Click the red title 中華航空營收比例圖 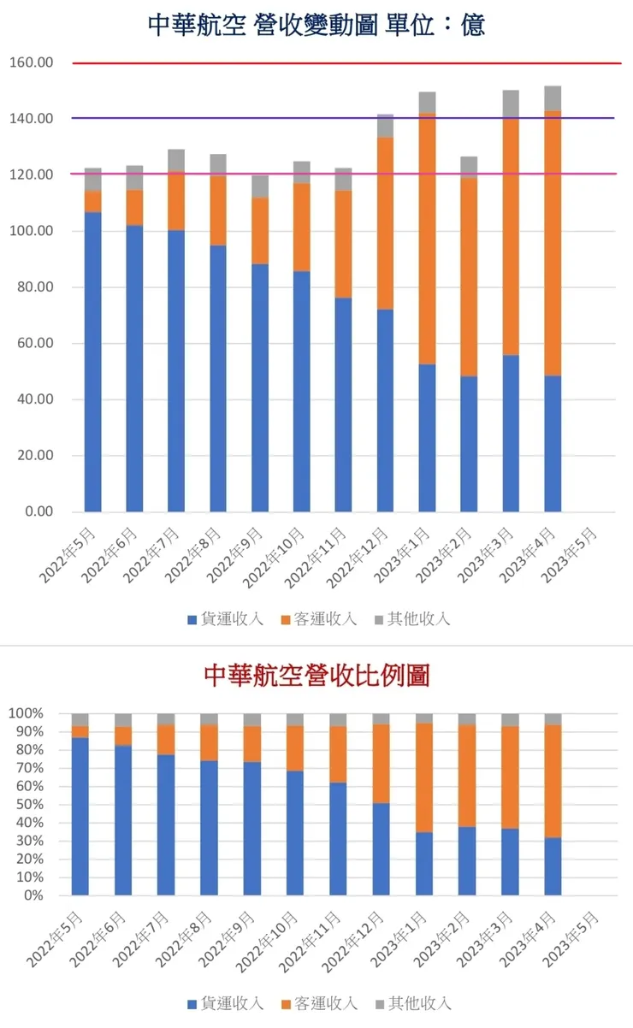click(x=316, y=676)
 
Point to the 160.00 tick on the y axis click(x=31, y=62)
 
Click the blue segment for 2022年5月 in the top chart click(x=92, y=359)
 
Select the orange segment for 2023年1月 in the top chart click(x=427, y=239)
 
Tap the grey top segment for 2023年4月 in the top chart click(x=553, y=98)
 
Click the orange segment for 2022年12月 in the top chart click(x=385, y=222)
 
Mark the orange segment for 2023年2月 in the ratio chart click(x=467, y=775)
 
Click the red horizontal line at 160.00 click(x=342, y=63)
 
